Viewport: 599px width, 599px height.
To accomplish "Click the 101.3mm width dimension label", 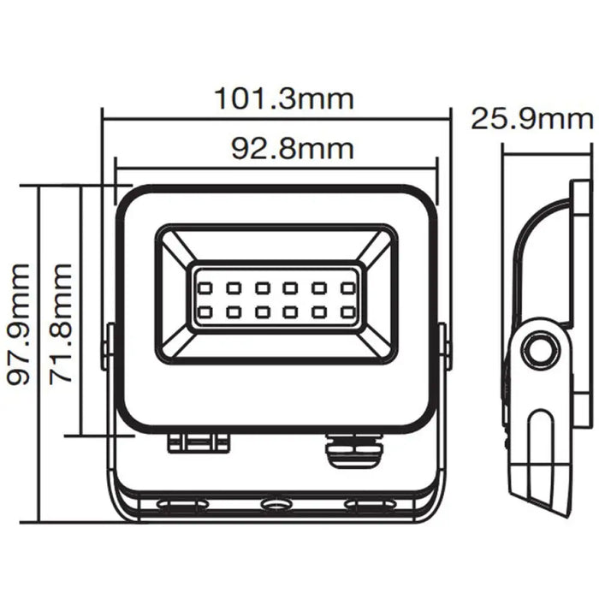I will tap(282, 98).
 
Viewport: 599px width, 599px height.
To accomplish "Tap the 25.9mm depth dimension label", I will tap(532, 119).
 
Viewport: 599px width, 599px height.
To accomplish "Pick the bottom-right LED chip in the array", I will tap(348, 311).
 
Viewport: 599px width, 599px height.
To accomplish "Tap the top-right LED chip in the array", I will tap(348, 286).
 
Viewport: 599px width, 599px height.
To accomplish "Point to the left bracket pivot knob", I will tap(109, 347).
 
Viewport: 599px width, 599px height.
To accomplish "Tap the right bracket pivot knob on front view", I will tap(442, 347).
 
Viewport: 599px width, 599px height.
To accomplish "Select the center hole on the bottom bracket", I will tap(275, 505).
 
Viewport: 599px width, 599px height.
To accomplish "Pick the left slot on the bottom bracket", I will tap(182, 506).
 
